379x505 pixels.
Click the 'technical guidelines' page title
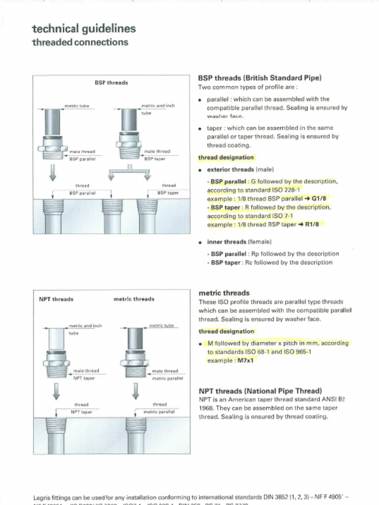tap(83, 29)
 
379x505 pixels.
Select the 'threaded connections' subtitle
tap(80, 42)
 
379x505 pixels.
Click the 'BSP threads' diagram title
tap(111, 83)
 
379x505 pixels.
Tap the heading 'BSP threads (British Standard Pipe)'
tap(260, 78)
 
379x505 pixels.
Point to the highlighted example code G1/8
tap(319, 199)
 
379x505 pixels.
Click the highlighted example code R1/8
tap(312, 224)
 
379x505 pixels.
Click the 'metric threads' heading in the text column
tap(224, 293)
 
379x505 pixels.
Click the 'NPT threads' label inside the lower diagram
tap(56, 299)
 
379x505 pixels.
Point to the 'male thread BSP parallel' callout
tap(82, 155)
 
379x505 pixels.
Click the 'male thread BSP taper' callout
tap(156, 155)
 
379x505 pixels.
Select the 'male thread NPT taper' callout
tap(85, 374)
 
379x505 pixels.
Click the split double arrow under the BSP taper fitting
tap(129, 173)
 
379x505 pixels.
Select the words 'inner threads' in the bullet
tap(227, 242)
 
